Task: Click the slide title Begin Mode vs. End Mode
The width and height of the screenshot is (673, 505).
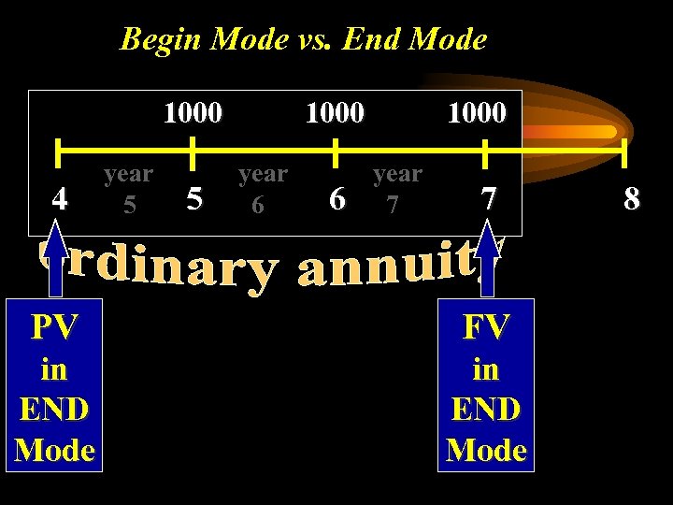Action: coord(304,39)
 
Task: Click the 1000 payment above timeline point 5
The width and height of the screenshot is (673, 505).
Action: coord(193,113)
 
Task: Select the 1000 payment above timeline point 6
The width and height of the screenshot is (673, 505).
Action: coord(336,113)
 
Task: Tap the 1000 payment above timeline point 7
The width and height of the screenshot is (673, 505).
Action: coord(477,113)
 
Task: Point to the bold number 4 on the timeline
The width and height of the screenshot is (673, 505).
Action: coord(61,199)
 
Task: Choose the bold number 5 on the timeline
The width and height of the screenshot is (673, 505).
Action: coord(194,198)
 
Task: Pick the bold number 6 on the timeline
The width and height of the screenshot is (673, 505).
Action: coord(337,199)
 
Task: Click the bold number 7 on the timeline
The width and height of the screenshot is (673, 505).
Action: coord(487,198)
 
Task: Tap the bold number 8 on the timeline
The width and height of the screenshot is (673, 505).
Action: coord(632,199)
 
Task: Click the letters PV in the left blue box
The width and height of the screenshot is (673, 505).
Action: coord(54,326)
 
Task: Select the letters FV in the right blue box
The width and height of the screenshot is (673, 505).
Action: coord(486,326)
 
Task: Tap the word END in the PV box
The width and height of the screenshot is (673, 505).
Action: coord(54,410)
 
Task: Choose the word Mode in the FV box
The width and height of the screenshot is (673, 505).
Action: coord(486,451)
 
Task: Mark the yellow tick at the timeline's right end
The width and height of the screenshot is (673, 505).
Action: coord(624,149)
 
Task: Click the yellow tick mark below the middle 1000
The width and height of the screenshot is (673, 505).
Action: coord(336,149)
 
